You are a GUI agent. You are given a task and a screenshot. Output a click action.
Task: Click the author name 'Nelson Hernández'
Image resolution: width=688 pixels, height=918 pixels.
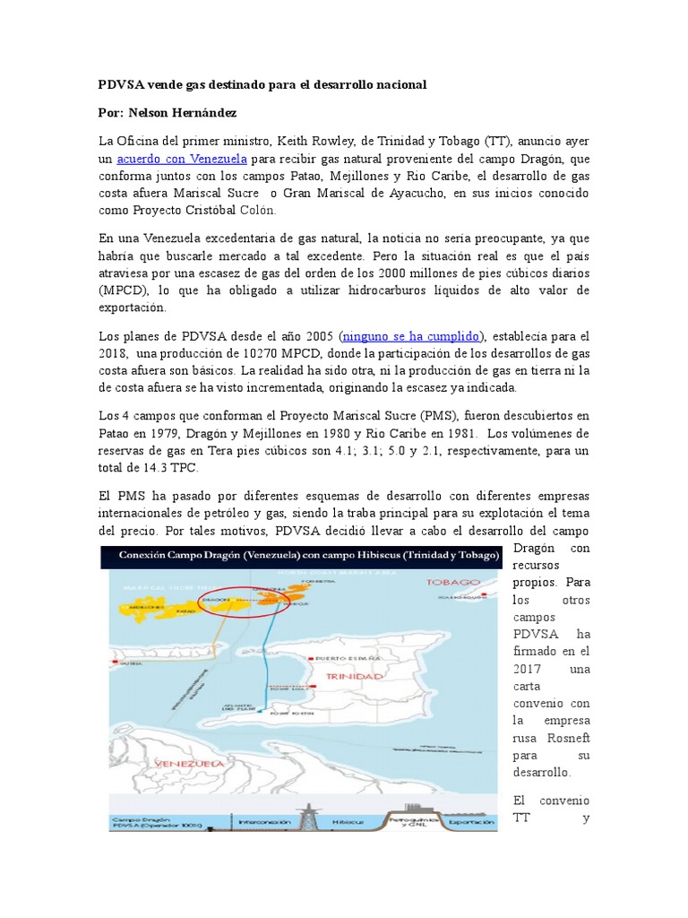tap(185, 114)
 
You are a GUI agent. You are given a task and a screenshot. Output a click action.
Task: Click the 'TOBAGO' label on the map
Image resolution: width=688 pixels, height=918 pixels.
tap(454, 582)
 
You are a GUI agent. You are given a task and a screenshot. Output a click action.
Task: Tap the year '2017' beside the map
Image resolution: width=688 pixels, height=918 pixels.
tap(529, 669)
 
